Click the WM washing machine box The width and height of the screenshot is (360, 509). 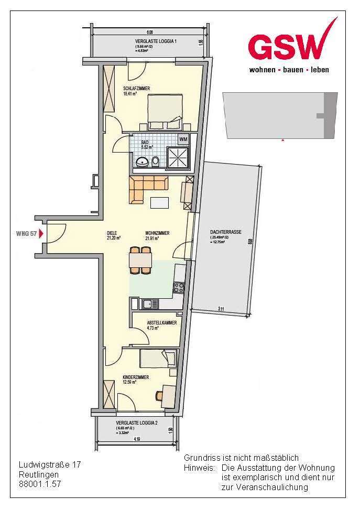183,139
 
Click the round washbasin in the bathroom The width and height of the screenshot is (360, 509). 142,161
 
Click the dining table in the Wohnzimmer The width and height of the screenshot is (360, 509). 140,259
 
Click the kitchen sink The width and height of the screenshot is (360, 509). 149,304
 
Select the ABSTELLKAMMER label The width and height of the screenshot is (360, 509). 161,323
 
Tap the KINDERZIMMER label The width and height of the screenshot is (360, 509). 136,377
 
